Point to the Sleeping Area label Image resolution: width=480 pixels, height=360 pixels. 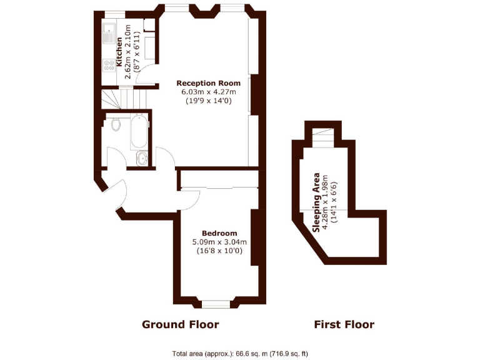click(x=317, y=202)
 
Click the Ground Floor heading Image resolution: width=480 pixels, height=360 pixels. click(x=180, y=324)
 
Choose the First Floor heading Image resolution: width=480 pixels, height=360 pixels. click(x=343, y=324)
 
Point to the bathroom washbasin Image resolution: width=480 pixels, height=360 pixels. click(x=142, y=159)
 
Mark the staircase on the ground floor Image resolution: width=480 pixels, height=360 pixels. click(x=116, y=98)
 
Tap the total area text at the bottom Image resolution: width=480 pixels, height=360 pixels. click(x=240, y=354)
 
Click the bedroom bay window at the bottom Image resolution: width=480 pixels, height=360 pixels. click(x=218, y=303)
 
